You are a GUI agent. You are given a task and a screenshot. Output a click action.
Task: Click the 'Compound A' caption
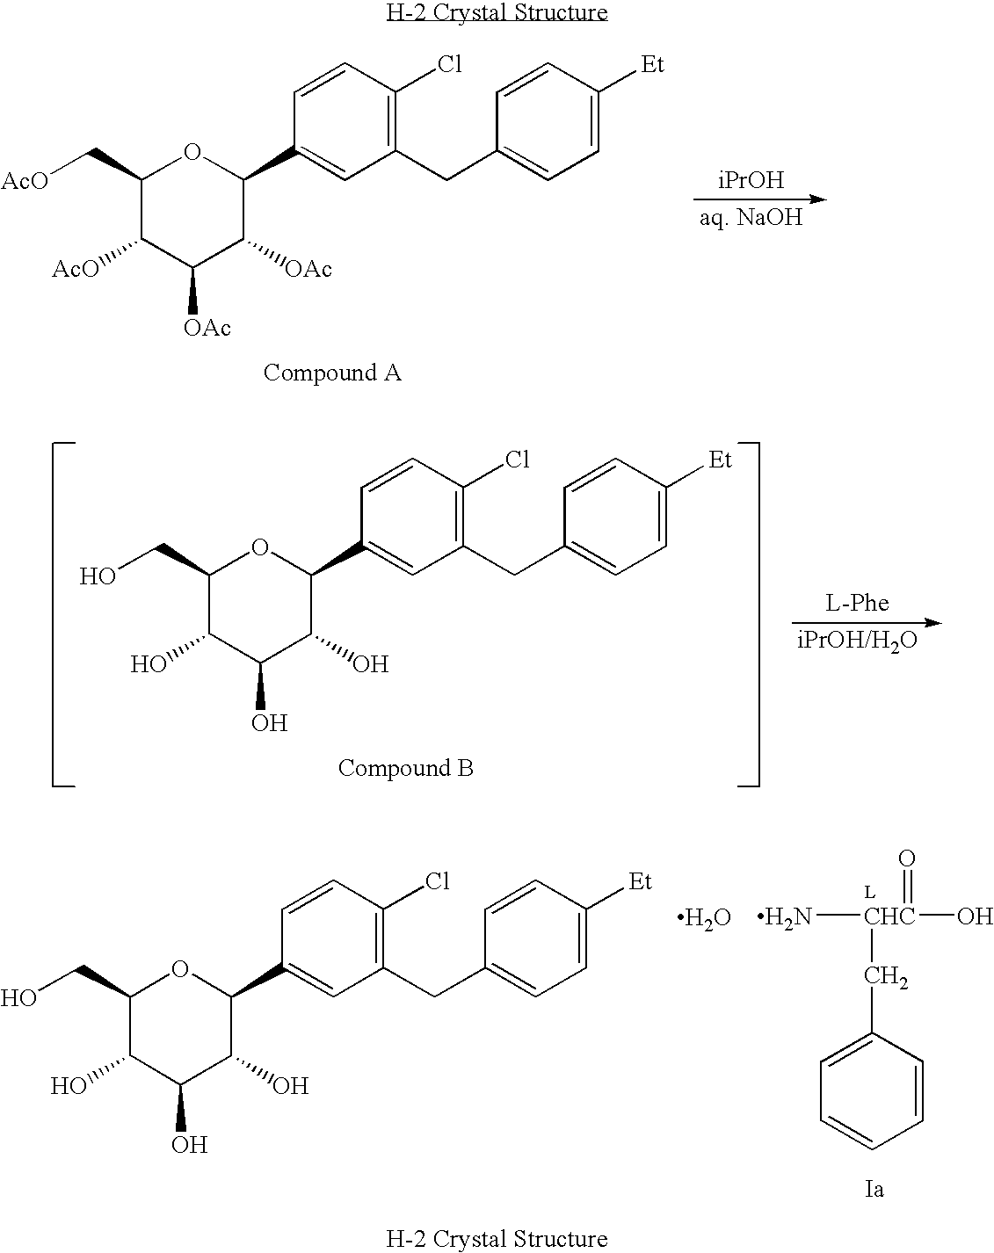pos(332,373)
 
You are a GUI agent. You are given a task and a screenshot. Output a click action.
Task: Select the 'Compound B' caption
pos(405,768)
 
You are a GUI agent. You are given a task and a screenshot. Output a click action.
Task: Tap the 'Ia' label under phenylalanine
pos(874,1189)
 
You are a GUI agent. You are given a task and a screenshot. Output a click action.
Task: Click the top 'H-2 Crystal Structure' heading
pos(497,12)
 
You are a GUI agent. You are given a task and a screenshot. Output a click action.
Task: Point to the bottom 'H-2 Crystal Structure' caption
pos(497,1239)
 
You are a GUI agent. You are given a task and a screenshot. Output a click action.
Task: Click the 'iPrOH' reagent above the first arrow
pos(751,180)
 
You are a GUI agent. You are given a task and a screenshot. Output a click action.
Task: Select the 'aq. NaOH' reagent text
pos(751,218)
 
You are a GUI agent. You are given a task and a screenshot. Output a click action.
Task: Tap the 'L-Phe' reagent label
pos(857,603)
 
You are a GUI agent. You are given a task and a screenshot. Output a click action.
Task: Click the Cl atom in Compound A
pos(450,64)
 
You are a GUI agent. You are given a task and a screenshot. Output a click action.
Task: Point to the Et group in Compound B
pos(720,460)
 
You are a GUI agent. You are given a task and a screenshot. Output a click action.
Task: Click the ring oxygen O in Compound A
pos(192,152)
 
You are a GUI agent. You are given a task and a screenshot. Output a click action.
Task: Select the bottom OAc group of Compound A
pos(207,329)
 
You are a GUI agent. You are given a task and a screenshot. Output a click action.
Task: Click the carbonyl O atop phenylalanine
pos(907,858)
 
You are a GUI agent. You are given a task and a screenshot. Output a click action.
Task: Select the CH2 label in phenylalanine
pos(886,976)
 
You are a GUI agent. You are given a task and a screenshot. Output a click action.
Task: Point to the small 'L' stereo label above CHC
pos(869,892)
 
